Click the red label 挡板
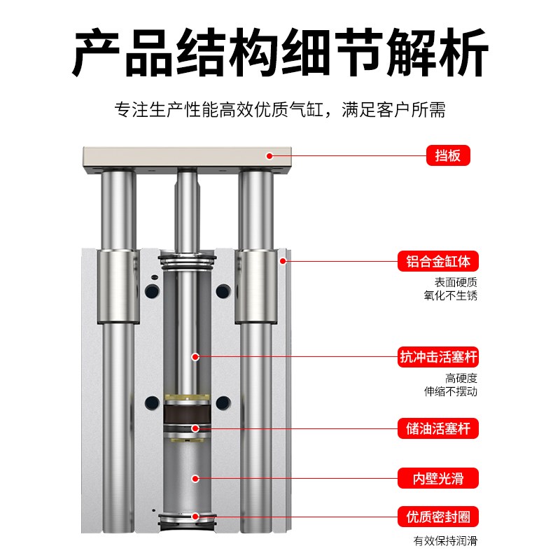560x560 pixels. pyautogui.click(x=448, y=155)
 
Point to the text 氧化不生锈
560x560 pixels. pyautogui.click(x=456, y=295)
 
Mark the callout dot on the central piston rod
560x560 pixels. pyautogui.click(x=196, y=357)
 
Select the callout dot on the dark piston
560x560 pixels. pyautogui.click(x=196, y=428)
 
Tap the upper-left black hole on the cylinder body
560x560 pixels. pyautogui.click(x=151, y=290)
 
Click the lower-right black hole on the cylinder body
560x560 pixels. pyautogui.click(x=223, y=402)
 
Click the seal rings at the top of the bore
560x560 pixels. pyautogui.click(x=185, y=264)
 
